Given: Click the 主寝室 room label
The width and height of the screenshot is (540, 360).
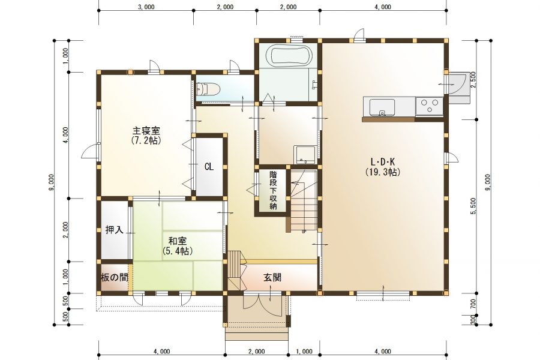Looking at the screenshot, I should [x=146, y=131].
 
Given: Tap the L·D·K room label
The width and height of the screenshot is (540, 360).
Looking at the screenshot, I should [x=382, y=161].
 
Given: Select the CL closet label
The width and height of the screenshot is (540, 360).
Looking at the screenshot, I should [x=208, y=167].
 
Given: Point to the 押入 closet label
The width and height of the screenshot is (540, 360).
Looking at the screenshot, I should [x=114, y=230].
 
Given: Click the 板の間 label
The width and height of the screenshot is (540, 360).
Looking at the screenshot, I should [x=114, y=277].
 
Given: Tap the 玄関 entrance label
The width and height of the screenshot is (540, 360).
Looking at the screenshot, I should [x=274, y=278].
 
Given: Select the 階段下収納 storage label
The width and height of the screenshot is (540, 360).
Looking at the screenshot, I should [x=273, y=191].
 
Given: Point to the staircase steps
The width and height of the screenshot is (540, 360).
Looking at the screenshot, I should [x=304, y=201].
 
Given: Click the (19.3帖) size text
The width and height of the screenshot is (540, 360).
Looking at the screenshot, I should [x=382, y=172].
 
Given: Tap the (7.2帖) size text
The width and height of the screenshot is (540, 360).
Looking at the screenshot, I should [x=146, y=140].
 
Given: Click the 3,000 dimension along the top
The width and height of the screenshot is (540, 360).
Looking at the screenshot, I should [x=146, y=7].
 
